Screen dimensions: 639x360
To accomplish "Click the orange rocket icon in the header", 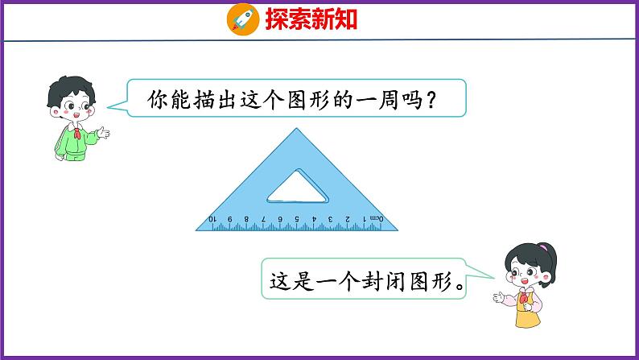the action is coord(243,19).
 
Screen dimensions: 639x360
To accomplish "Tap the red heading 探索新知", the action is coord(311,19).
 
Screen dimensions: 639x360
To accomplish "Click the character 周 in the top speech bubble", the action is coord(388,99).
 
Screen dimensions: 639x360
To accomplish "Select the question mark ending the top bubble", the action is coord(431,100).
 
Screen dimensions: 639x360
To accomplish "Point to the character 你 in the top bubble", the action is coord(157,99).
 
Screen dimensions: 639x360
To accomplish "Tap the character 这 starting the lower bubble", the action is coord(279,281).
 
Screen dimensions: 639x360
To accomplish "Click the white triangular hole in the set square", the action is coord(297,189).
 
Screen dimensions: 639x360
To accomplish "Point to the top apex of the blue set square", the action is coord(296,129).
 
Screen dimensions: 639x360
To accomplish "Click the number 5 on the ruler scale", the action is coord(297,219).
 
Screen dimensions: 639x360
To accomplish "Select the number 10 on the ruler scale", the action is coord(212,219).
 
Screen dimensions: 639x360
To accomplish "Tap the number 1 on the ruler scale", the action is coord(365,219).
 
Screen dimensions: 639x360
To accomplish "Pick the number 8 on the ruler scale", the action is coord(246,219).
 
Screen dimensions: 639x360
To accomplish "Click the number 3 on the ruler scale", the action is coord(331,219).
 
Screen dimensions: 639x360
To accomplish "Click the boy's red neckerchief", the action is coord(77,134).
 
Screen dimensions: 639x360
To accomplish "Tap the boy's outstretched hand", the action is coord(104,132).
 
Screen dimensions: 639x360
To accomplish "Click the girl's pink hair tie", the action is coord(543,247).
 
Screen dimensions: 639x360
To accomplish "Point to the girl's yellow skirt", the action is coord(528,318).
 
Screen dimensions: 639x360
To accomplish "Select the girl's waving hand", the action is coord(499,297).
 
